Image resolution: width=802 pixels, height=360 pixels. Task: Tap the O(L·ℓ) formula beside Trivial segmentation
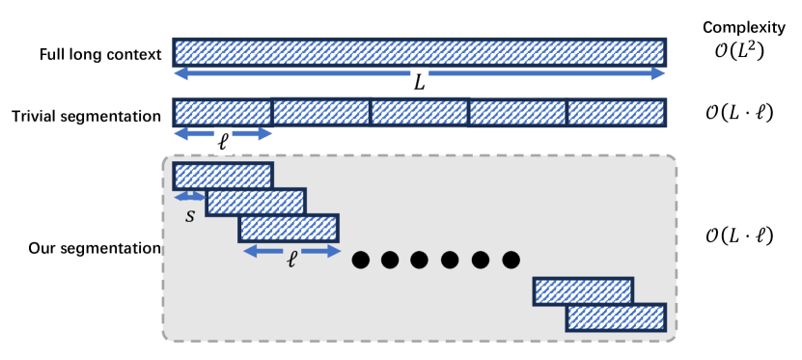tap(738, 112)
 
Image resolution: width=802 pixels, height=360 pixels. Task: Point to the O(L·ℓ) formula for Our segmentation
tap(738, 235)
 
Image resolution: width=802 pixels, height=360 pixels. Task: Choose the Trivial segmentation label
tap(87, 116)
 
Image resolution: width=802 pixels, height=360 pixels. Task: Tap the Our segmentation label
tap(94, 248)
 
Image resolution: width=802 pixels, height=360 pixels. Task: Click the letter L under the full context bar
tap(419, 84)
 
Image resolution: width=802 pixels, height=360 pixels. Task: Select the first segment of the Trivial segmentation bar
tap(222, 112)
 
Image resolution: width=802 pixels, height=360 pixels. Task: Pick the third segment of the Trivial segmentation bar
tap(419, 112)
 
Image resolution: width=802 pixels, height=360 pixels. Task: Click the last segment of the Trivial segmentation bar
tap(616, 112)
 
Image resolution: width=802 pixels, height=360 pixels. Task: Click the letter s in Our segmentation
tap(189, 215)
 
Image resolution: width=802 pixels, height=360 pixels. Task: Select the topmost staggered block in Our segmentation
tap(223, 176)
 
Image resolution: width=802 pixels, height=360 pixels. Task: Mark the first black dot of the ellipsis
tap(362, 259)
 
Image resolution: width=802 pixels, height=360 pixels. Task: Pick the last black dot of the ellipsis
tap(511, 259)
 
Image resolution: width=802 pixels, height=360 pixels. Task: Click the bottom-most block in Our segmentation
tap(616, 317)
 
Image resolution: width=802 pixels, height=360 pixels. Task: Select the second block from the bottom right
tap(583, 291)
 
